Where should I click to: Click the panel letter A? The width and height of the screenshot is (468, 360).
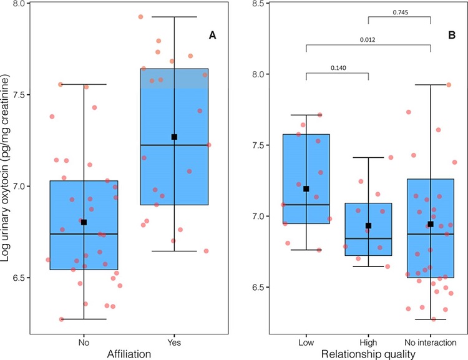(x=212, y=36)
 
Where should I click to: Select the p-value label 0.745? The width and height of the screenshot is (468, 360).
(x=399, y=12)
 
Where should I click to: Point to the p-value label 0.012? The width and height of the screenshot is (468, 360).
(x=368, y=41)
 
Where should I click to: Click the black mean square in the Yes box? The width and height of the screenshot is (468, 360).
(x=175, y=137)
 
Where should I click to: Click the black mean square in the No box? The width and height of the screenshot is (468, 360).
(x=84, y=222)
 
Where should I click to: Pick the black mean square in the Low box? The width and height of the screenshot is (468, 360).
(x=306, y=188)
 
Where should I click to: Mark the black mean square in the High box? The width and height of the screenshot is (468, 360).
(x=368, y=226)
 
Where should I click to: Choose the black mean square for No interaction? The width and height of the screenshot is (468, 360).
(x=431, y=224)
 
